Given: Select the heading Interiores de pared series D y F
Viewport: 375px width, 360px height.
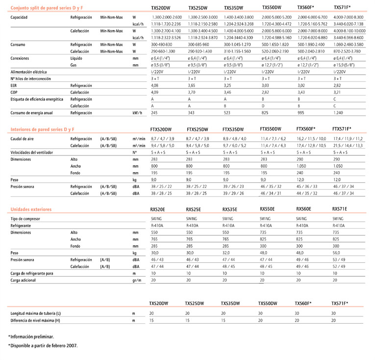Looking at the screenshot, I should click(x=43, y=129).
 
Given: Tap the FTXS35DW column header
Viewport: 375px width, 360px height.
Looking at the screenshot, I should click(x=235, y=129).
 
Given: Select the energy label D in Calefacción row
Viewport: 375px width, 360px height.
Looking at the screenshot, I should click(x=263, y=106).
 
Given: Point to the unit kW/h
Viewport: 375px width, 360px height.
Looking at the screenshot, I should click(x=137, y=113).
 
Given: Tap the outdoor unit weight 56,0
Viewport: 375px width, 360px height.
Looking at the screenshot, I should click(x=338, y=253).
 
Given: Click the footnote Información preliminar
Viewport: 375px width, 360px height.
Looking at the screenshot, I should click(x=31, y=336).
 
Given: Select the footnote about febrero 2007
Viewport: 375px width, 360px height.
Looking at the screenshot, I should click(x=43, y=345).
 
